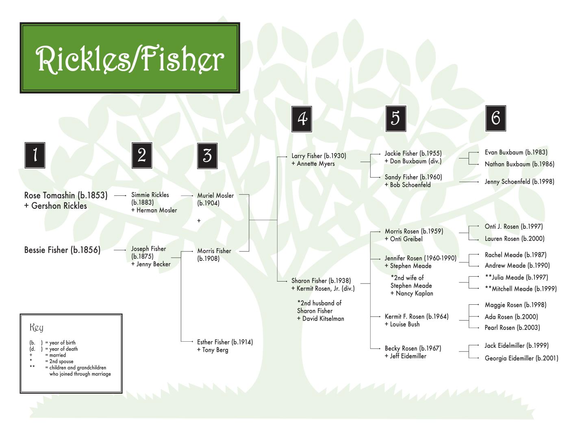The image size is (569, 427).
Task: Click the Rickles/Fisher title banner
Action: pyautogui.click(x=130, y=58)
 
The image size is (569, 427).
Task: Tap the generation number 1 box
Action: pyautogui.click(x=35, y=155)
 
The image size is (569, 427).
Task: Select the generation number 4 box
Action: pyautogui.click(x=302, y=119)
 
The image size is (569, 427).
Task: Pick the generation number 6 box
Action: pyautogui.click(x=495, y=118)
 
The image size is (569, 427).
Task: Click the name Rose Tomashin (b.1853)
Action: pyautogui.click(x=66, y=195)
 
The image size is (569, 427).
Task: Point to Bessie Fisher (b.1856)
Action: pyautogui.click(x=62, y=250)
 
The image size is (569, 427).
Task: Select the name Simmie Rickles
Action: pyautogui.click(x=150, y=195)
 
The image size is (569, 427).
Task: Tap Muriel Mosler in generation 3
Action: pyautogui.click(x=215, y=195)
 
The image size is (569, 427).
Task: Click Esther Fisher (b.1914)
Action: pyautogui.click(x=225, y=342)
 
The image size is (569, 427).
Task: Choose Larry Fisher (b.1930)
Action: pyautogui.click(x=319, y=156)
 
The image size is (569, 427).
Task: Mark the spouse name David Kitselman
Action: pyautogui.click(x=323, y=319)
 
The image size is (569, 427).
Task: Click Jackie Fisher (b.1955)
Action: pyautogui.click(x=413, y=153)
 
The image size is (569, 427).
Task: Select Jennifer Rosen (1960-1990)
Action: pyautogui.click(x=420, y=258)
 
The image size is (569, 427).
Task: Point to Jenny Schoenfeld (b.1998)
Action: pyautogui.click(x=519, y=182)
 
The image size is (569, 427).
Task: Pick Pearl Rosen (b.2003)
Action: pyautogui.click(x=512, y=327)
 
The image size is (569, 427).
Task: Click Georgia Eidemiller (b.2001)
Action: pyautogui.click(x=521, y=358)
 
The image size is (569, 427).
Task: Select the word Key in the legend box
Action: pyautogui.click(x=36, y=327)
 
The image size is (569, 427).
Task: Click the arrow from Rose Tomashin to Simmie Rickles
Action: pyautogui.click(x=120, y=195)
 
